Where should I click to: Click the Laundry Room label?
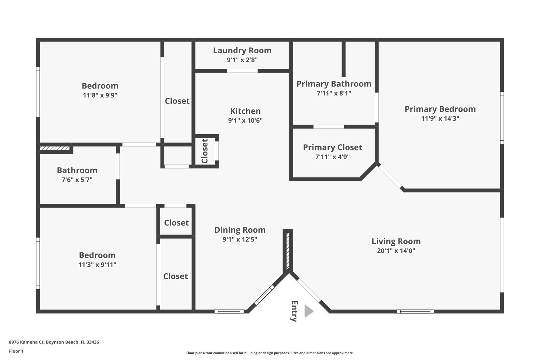click(242, 50)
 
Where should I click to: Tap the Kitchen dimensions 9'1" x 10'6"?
click(245, 120)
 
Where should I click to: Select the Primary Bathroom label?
click(334, 84)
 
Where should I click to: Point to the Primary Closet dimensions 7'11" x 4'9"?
click(332, 157)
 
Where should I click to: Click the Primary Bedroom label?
click(440, 109)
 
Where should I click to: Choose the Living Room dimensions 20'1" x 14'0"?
click(396, 251)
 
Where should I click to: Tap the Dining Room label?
click(240, 230)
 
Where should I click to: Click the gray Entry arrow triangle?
click(309, 311)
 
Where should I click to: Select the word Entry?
click(294, 311)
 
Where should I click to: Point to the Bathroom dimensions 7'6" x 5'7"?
click(77, 180)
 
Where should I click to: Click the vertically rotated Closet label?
click(205, 151)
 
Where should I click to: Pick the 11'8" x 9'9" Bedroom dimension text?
click(100, 95)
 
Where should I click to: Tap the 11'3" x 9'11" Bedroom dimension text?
click(97, 265)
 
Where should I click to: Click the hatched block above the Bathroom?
click(55, 148)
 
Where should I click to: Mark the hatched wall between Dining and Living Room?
click(288, 252)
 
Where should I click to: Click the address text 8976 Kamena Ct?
click(27, 342)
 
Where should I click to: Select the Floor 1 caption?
click(16, 351)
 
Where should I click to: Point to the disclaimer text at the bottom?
click(270, 353)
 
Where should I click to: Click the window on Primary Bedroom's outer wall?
click(502, 118)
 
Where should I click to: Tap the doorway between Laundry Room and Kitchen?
click(242, 71)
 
